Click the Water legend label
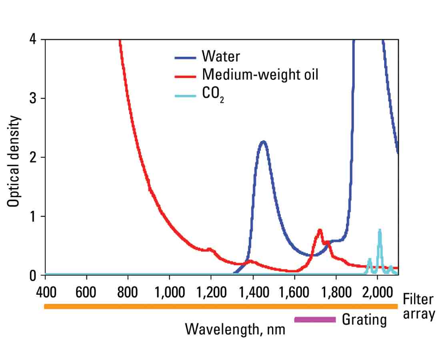[x=221, y=56]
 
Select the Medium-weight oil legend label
[x=260, y=74]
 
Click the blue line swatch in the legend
[x=185, y=57]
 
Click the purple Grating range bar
[x=315, y=319]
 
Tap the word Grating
[x=364, y=320]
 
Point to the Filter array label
[x=418, y=306]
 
